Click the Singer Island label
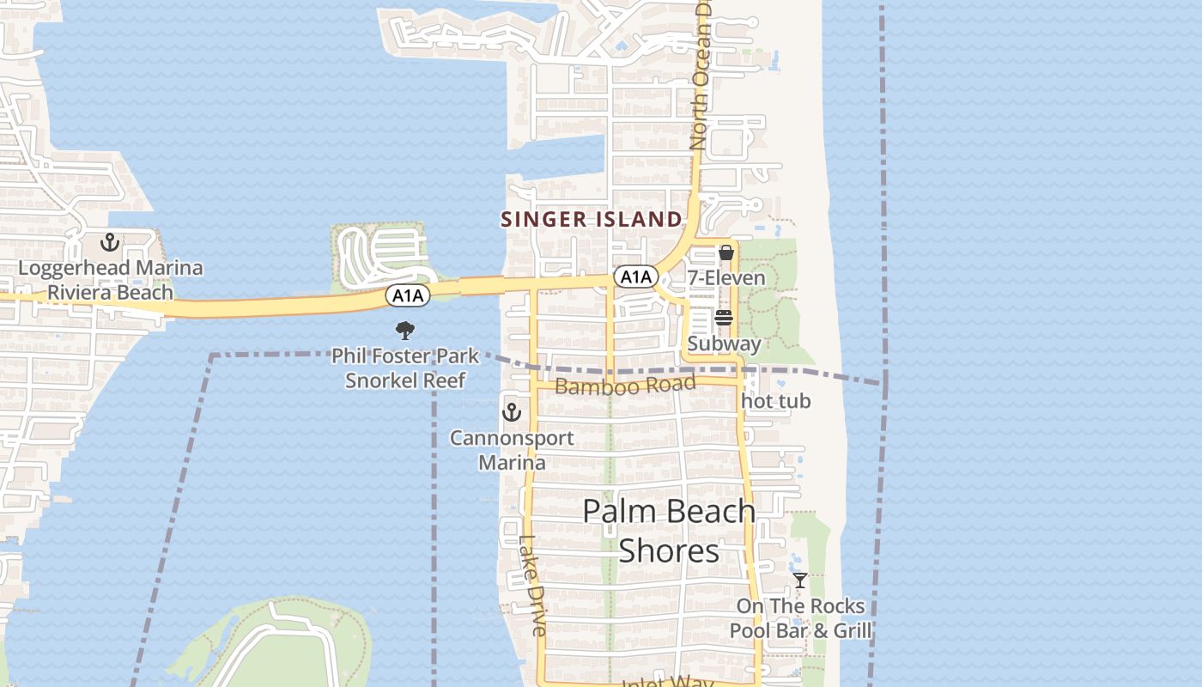click(x=592, y=219)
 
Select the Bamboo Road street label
click(x=624, y=385)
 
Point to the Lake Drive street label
click(x=532, y=586)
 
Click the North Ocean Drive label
click(x=701, y=86)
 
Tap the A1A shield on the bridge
click(x=407, y=296)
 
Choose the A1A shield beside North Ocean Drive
click(x=635, y=277)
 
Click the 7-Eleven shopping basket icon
click(x=726, y=252)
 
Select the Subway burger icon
click(x=724, y=319)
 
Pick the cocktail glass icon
click(x=800, y=581)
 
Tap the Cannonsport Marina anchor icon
click(x=512, y=412)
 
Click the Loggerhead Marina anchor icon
click(x=110, y=242)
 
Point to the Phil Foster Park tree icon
click(x=404, y=330)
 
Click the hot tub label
click(x=775, y=401)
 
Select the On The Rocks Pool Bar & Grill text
click(x=800, y=618)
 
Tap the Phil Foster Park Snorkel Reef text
click(x=405, y=368)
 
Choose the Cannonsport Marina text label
click(x=513, y=450)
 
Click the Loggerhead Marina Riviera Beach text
click(x=111, y=280)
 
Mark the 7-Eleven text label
click(x=725, y=277)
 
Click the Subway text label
click(x=724, y=343)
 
